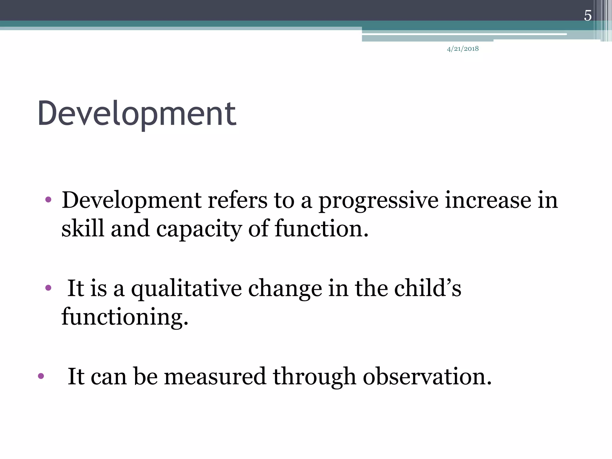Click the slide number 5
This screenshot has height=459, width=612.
(x=587, y=16)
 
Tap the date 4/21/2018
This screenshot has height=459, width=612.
(x=463, y=49)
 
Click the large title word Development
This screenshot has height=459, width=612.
(x=137, y=113)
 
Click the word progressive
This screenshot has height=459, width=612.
(x=378, y=201)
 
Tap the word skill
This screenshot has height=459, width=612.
(x=83, y=228)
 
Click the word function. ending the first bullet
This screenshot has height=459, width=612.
(x=322, y=228)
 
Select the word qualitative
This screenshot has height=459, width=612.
(x=186, y=289)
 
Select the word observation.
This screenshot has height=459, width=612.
(x=427, y=377)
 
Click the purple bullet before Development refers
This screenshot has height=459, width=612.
(x=48, y=200)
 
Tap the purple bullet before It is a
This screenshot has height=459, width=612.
(x=48, y=288)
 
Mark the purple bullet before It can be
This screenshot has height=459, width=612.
(x=41, y=376)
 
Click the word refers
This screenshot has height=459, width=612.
(x=237, y=200)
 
